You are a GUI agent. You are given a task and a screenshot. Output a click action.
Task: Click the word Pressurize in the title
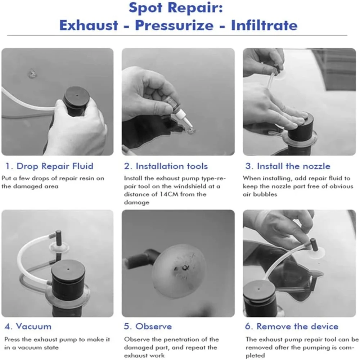[x=174, y=25]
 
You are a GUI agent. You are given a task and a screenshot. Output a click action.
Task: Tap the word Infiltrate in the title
[x=264, y=25]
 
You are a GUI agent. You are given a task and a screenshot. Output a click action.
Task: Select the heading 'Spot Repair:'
[x=176, y=8]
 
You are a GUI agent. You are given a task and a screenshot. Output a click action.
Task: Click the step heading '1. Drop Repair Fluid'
[x=49, y=166]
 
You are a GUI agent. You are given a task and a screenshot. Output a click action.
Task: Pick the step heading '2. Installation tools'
[x=166, y=166]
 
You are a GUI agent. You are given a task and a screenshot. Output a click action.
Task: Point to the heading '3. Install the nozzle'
[x=288, y=166]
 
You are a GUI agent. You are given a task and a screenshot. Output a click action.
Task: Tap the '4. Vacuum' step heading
[x=28, y=326]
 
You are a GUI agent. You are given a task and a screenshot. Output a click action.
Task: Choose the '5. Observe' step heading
[x=148, y=326]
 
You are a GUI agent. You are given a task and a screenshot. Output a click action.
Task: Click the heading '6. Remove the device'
[x=292, y=326]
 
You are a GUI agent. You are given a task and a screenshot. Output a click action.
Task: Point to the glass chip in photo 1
[x=32, y=73]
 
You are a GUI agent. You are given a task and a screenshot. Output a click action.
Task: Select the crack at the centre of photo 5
[x=184, y=267]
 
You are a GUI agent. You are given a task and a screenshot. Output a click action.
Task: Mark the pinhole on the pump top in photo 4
[x=68, y=269]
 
